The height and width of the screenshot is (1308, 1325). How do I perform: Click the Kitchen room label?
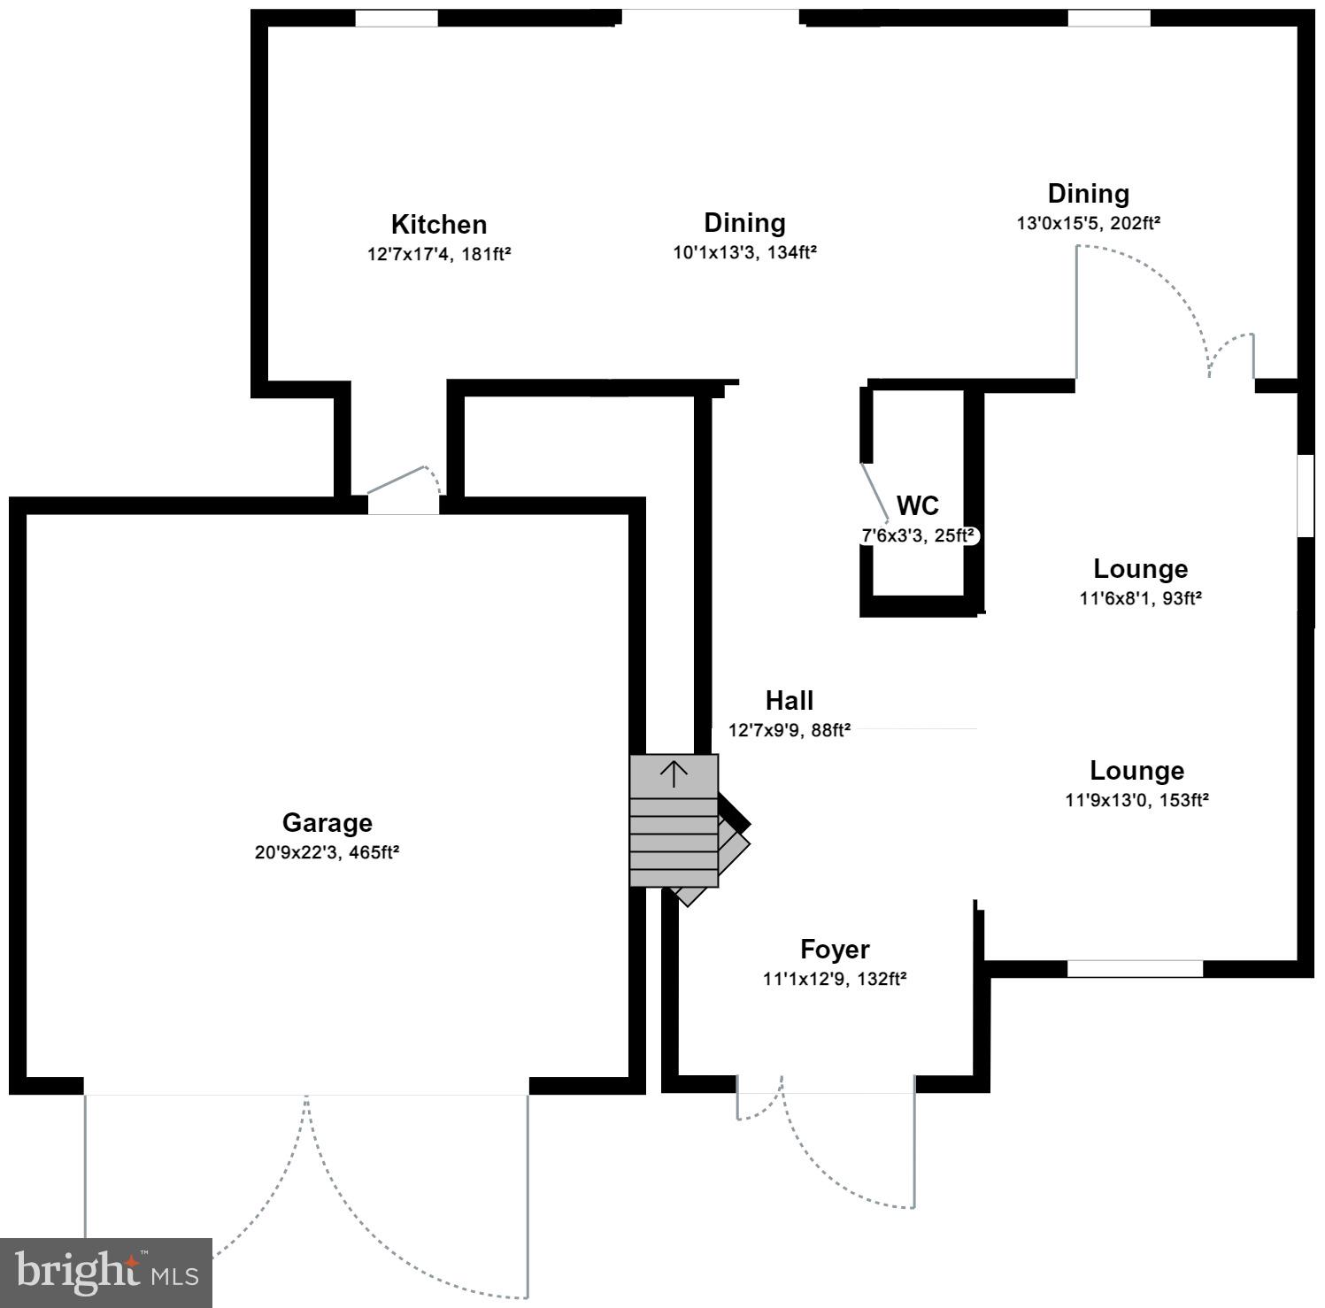[439, 224]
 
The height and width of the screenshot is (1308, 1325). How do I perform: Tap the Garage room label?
[327, 822]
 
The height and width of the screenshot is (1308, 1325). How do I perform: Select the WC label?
[918, 506]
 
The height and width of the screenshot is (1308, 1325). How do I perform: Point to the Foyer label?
[835, 950]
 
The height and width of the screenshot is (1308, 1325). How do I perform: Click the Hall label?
[789, 701]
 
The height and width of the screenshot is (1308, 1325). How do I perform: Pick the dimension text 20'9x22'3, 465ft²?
[327, 853]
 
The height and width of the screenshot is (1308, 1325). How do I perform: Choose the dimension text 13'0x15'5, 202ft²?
[1088, 223]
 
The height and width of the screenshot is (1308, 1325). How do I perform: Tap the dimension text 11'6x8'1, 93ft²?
[1140, 598]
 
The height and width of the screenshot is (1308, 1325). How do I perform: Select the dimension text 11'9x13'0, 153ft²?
[1136, 800]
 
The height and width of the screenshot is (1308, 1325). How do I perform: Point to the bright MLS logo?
[106, 1273]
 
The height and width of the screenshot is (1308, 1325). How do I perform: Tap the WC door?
[874, 492]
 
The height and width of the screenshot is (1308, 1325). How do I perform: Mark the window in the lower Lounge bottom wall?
[1135, 969]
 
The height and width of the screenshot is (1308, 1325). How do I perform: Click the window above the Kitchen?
[397, 19]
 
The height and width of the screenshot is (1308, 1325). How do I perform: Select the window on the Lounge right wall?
[1305, 496]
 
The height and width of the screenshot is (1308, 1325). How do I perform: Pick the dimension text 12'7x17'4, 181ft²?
[439, 255]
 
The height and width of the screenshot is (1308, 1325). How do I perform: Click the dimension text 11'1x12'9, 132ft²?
[835, 980]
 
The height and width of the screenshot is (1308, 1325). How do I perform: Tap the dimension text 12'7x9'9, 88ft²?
[789, 731]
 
